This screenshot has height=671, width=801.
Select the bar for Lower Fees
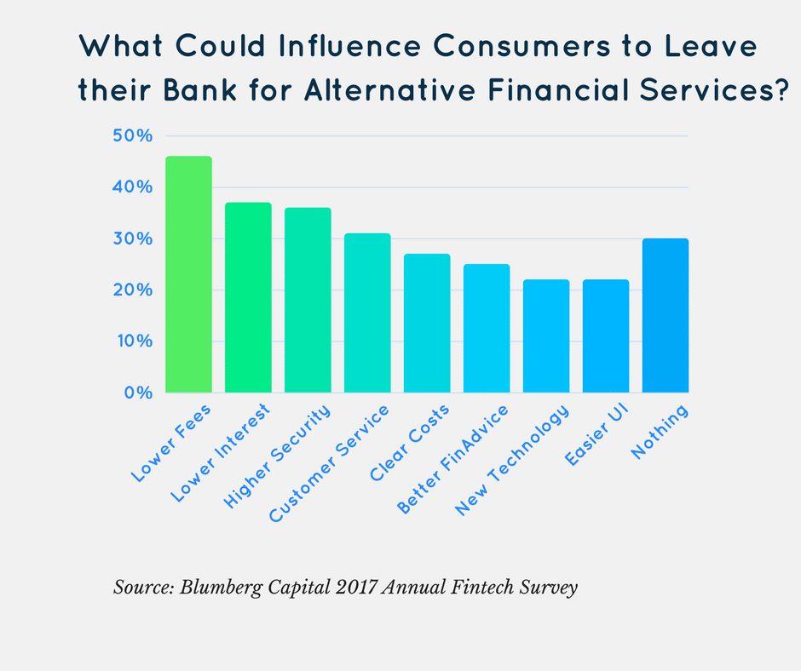[x=188, y=274]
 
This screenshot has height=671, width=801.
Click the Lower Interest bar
[x=248, y=297]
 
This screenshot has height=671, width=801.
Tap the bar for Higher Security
[x=308, y=300]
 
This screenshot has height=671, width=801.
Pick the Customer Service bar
[x=367, y=313]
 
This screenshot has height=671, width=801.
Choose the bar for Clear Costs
[x=427, y=323]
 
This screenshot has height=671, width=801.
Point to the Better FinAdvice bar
[x=487, y=328]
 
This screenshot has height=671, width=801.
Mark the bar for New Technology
[x=546, y=335]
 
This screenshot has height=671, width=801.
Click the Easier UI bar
[x=606, y=335]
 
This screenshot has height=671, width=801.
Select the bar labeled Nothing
[x=665, y=315]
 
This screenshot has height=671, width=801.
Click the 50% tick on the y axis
[x=131, y=136]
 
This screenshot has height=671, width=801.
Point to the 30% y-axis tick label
[x=131, y=239]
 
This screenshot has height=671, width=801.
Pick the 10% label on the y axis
[x=131, y=341]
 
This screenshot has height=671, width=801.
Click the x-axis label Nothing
[x=660, y=433]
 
